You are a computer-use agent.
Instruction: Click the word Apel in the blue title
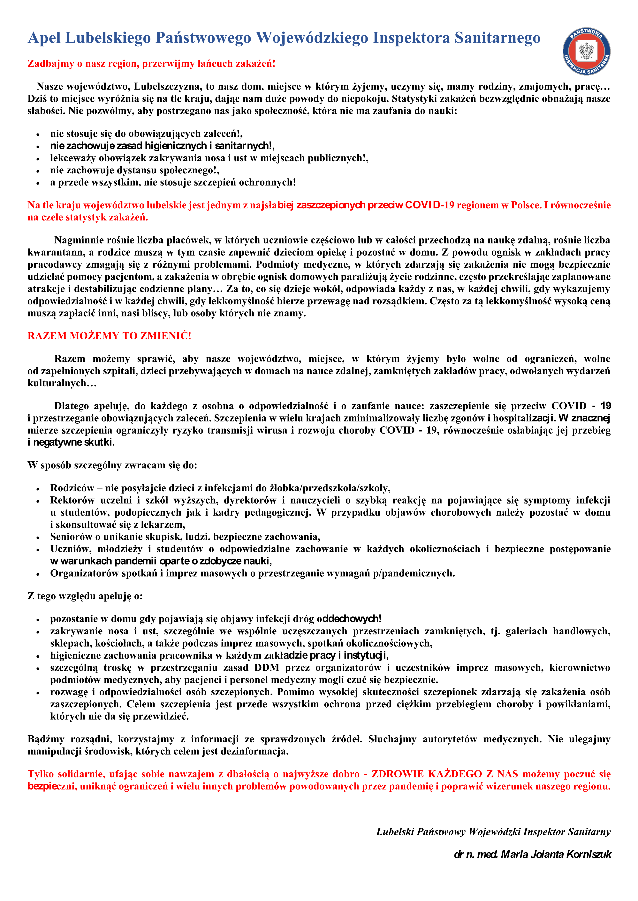click(44, 38)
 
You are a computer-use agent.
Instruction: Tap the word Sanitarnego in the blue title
click(497, 38)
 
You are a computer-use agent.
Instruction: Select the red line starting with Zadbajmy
click(151, 64)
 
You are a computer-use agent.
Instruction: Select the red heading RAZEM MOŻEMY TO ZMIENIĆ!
click(109, 336)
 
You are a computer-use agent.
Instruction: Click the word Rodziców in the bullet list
click(72, 488)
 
